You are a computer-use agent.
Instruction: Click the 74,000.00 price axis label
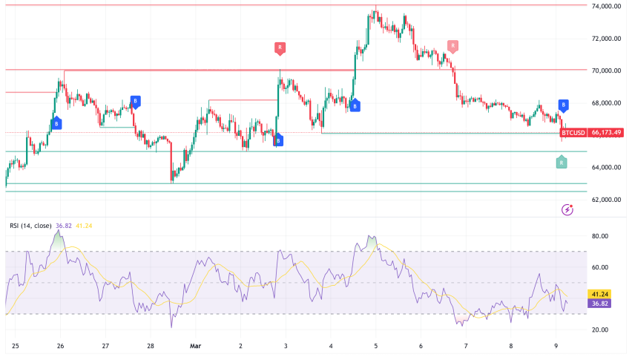[605, 6]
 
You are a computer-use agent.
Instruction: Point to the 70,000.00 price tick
[605, 71]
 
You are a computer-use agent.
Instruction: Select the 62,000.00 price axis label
[605, 200]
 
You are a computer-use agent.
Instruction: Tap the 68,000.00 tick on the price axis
[605, 103]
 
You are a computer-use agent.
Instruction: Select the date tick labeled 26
[60, 345]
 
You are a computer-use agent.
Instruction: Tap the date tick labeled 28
[151, 345]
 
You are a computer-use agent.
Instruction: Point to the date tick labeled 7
[466, 345]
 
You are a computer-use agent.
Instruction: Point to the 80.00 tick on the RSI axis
[599, 236]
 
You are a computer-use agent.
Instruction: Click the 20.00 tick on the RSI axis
[599, 330]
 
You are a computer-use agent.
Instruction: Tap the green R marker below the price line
[562, 162]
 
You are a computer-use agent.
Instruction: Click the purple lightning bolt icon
[567, 210]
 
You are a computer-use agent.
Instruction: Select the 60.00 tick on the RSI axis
[599, 267]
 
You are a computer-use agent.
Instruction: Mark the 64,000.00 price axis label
[605, 168]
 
